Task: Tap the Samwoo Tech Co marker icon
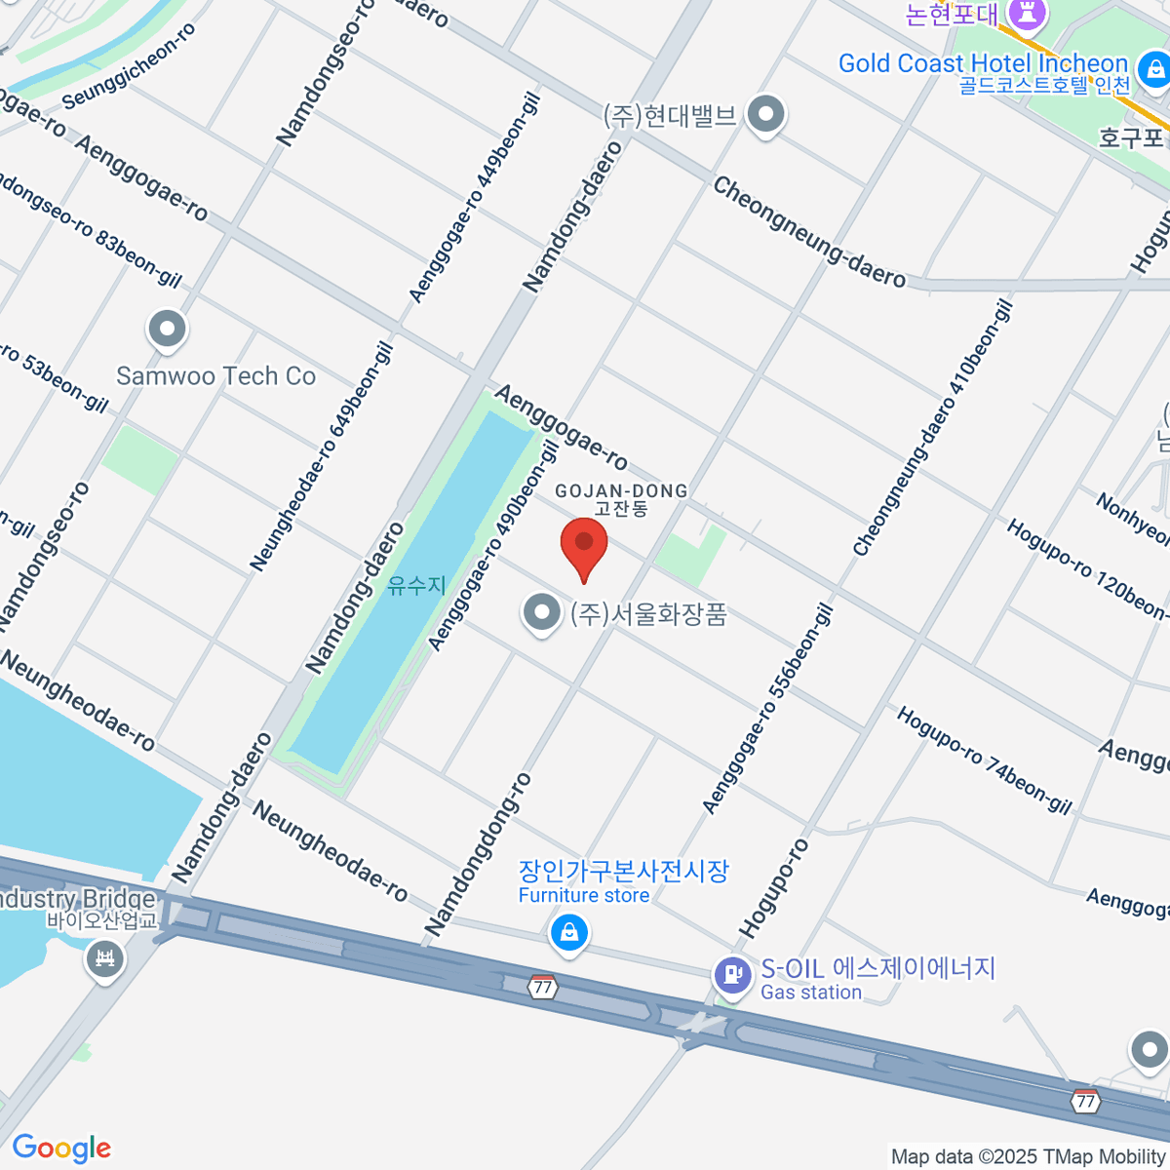(167, 329)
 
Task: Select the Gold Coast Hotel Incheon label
(982, 64)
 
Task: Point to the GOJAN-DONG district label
(621, 491)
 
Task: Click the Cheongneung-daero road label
(808, 232)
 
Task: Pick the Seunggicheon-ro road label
(128, 66)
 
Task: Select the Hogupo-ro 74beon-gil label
(984, 760)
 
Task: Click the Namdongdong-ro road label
(479, 853)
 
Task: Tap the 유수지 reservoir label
(416, 585)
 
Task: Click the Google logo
(61, 1149)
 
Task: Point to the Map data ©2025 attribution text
(1028, 1156)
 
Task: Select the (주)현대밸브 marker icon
(766, 114)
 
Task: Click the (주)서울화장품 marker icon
(541, 613)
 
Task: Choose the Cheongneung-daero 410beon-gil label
(933, 429)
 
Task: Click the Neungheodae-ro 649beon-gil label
(321, 456)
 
